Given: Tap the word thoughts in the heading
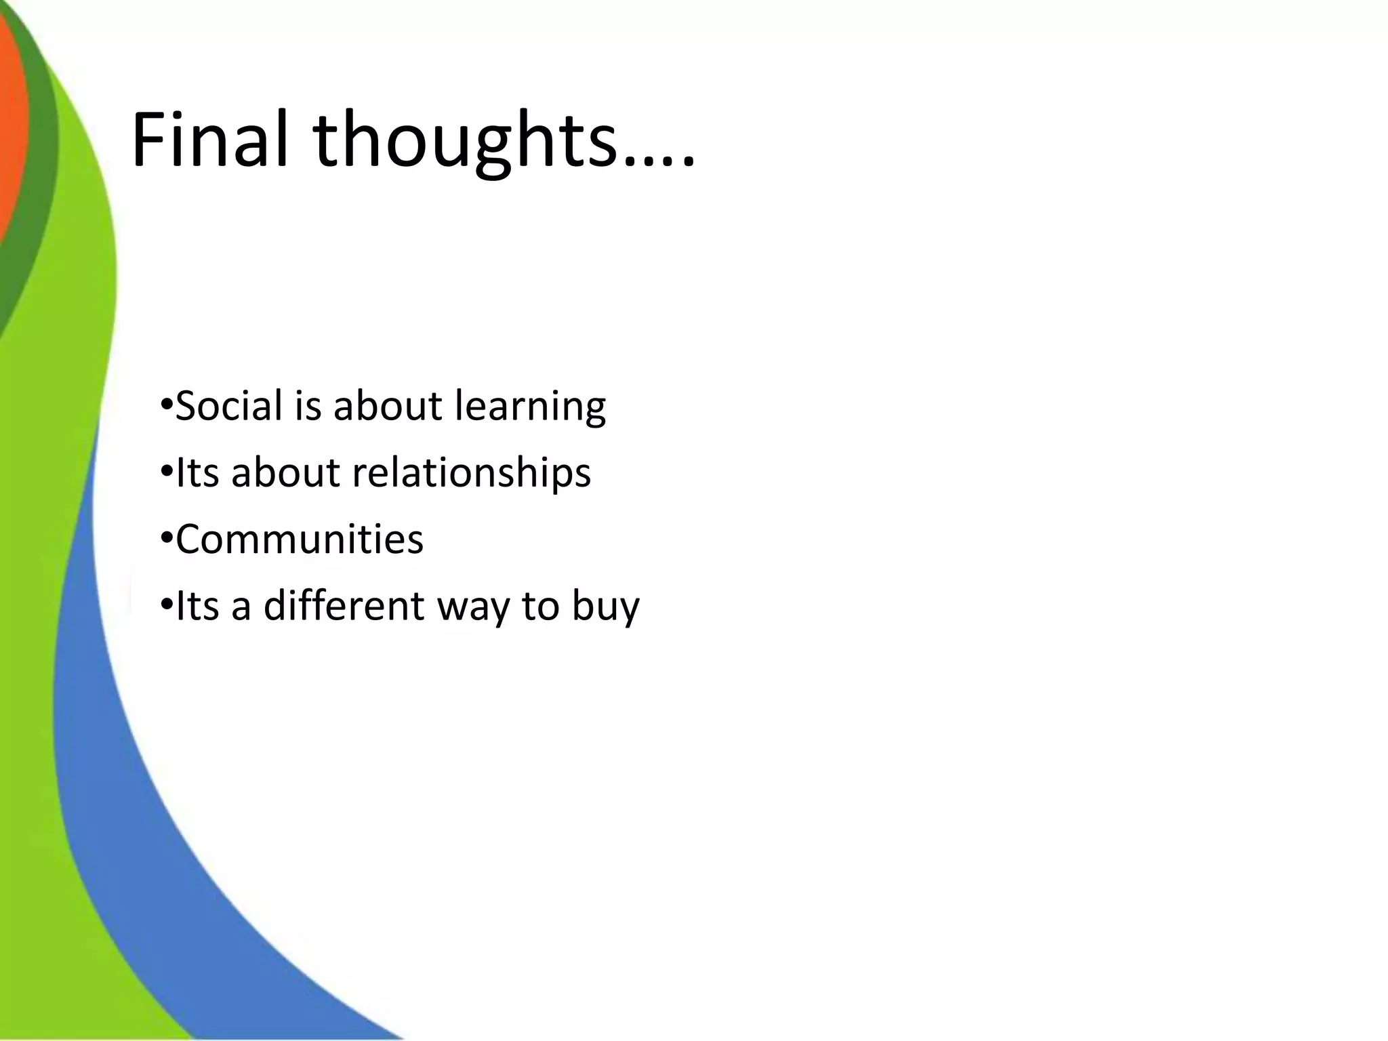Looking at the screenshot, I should (466, 142).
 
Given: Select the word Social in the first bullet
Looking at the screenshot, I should (228, 406).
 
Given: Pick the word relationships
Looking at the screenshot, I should (471, 472).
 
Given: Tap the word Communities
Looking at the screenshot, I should (299, 539).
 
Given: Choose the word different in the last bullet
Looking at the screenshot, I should (344, 605).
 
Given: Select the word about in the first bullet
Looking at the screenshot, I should (388, 406).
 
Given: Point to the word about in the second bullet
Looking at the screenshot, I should (285, 472).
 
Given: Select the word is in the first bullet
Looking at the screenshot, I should (308, 406).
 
